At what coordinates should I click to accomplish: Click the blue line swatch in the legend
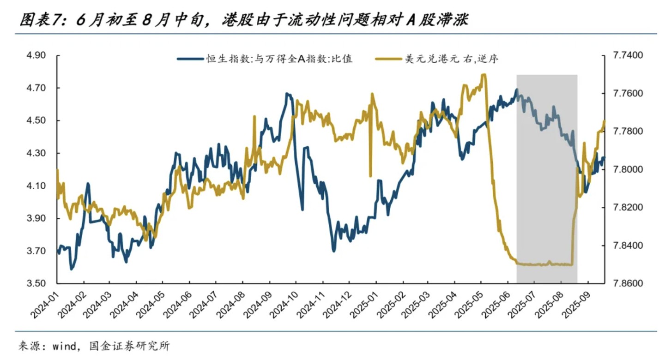tap(190, 59)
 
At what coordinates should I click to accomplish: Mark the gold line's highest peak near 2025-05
tap(484, 74)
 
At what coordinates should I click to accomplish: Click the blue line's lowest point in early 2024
tap(71, 269)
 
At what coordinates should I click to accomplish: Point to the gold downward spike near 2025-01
tap(370, 175)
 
